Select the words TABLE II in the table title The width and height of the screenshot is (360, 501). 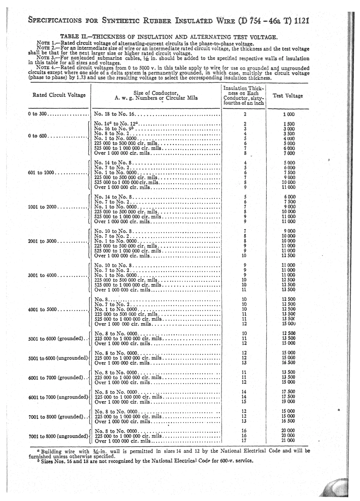click(x=74, y=37)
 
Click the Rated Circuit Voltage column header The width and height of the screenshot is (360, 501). click(x=59, y=95)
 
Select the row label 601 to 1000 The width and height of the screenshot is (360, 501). click(x=42, y=173)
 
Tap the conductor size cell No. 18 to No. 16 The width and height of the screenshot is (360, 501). click(x=114, y=114)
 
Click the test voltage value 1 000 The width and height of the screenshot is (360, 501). click(x=289, y=114)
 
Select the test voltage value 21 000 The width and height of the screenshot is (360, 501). click(x=288, y=441)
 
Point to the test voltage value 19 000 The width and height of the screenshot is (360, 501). click(x=288, y=402)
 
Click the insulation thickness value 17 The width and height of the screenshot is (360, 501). click(x=244, y=441)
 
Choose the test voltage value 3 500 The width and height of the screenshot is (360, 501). click(x=289, y=134)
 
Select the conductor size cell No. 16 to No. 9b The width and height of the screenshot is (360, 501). click(x=114, y=129)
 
